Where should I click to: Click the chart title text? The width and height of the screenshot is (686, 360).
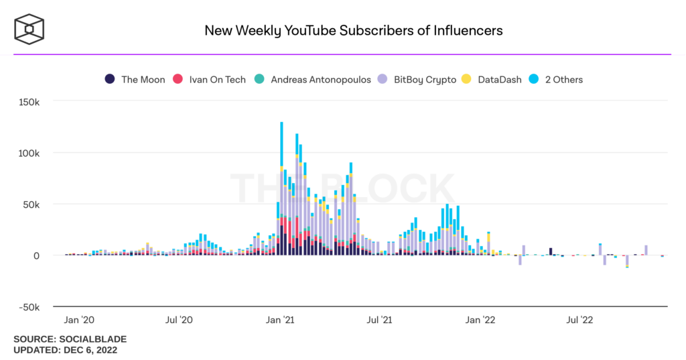point(353,30)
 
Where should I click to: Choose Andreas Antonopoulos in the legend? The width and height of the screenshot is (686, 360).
point(313,79)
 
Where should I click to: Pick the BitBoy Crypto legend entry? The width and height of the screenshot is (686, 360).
point(417,79)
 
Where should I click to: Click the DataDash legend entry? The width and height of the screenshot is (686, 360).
point(492,79)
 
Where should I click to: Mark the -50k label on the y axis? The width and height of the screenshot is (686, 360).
point(29,307)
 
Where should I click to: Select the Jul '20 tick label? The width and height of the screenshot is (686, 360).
point(178,320)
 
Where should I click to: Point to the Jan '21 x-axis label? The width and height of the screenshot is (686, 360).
point(281,320)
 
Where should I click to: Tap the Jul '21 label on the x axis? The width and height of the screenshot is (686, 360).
point(380,320)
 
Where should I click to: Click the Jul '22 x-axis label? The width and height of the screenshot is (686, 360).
point(580,320)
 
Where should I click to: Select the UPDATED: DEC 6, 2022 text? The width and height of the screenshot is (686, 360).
point(66,350)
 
